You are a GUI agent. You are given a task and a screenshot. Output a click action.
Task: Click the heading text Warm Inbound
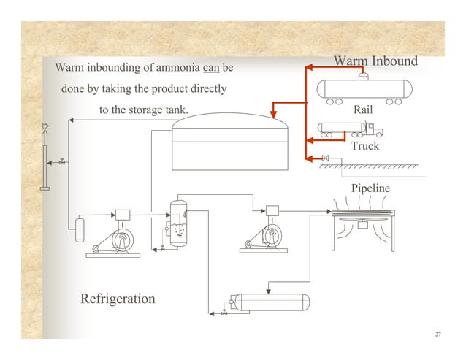(375, 60)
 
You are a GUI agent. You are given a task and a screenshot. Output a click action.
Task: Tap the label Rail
(363, 110)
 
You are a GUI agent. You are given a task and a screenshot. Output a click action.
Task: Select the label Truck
(364, 146)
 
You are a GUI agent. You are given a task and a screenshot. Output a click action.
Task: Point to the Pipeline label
(370, 188)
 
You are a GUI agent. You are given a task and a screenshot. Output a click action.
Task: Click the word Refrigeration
(118, 299)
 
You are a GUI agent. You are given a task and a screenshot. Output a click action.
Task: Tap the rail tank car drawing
(363, 89)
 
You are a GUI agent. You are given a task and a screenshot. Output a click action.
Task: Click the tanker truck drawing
(350, 129)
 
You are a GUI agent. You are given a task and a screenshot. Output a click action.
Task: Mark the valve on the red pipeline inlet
(325, 158)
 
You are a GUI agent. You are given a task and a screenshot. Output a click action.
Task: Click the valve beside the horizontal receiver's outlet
(224, 313)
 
